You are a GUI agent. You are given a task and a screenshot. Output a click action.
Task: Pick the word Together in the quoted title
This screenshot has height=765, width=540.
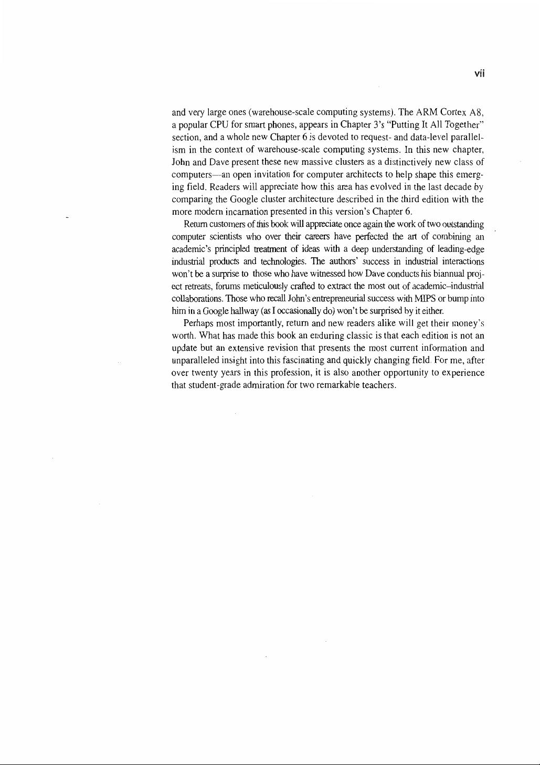coord(463,125)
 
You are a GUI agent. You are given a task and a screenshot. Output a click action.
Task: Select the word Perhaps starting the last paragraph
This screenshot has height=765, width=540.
coord(197,323)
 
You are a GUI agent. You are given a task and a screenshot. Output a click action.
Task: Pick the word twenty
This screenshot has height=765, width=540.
coord(206,373)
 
